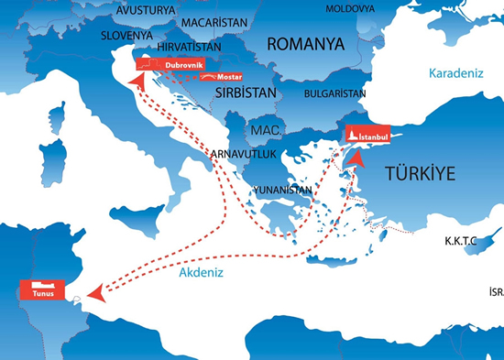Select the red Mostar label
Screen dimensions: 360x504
217,79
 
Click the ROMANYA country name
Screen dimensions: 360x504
305,44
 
